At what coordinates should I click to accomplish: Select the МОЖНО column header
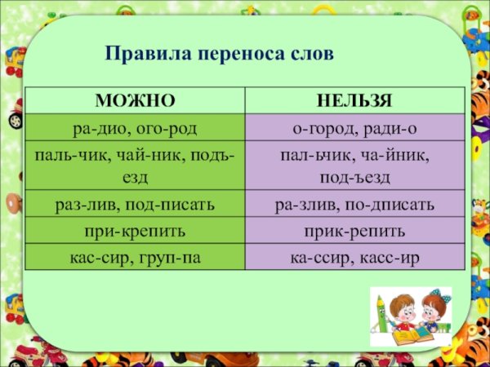click(136, 101)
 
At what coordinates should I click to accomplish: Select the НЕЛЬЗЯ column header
click(354, 101)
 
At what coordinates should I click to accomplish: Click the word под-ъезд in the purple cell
click(354, 176)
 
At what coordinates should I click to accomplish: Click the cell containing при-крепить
click(136, 230)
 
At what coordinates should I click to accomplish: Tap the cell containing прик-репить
click(354, 230)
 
